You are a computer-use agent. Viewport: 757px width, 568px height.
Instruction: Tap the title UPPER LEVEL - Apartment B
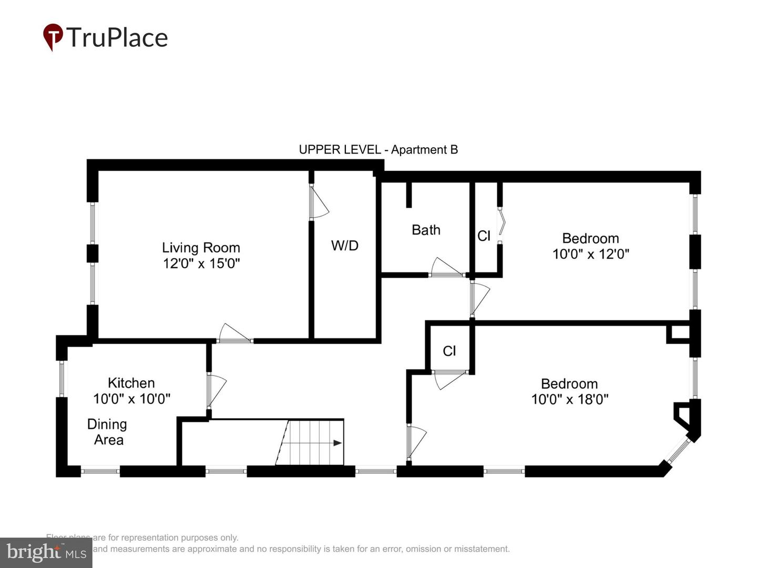coord(378,150)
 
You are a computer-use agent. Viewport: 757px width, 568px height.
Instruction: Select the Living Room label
coord(201,247)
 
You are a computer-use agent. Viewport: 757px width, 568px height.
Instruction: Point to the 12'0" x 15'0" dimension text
coord(201,263)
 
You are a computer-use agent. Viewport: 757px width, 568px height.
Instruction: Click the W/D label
coord(345,245)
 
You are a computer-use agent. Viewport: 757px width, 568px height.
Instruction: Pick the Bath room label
coord(426,230)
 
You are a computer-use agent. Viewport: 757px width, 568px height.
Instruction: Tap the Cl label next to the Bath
coord(484,236)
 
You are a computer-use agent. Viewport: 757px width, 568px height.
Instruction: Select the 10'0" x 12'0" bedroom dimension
coord(590,254)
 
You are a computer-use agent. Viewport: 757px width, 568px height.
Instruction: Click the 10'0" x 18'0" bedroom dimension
coord(569,399)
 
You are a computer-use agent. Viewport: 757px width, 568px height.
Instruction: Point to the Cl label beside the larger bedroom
coord(449,351)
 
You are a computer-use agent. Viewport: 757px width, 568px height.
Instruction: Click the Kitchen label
coord(131,383)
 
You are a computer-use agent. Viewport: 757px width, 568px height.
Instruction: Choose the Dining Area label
coord(107,432)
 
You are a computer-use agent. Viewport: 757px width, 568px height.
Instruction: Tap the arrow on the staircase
coord(337,443)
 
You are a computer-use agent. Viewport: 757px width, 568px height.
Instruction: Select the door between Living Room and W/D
coord(318,203)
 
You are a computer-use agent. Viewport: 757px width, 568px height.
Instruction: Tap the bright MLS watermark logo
coord(46,552)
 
